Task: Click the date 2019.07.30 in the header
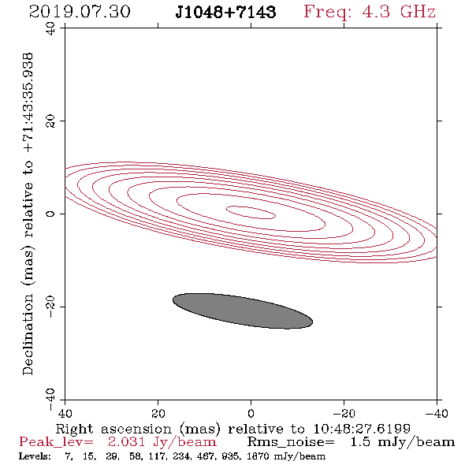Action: click(x=80, y=12)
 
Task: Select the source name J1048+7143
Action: click(x=225, y=12)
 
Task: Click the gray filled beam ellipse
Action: click(x=243, y=311)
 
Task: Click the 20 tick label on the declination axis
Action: click(x=50, y=121)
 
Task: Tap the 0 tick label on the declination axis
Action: click(x=50, y=214)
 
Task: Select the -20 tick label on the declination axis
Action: click(x=50, y=307)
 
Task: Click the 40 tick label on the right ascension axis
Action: click(x=65, y=413)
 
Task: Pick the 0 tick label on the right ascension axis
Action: click(x=251, y=413)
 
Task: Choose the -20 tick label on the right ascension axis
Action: click(x=344, y=413)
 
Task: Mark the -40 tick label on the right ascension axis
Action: click(x=437, y=413)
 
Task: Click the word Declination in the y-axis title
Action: click(x=28, y=334)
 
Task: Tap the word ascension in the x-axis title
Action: click(x=136, y=429)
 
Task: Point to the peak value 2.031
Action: click(x=126, y=442)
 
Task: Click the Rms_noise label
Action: click(x=291, y=442)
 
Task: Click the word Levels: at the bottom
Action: click(x=35, y=456)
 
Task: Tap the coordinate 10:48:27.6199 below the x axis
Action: click(x=362, y=429)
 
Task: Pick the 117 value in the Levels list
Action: click(x=158, y=456)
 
